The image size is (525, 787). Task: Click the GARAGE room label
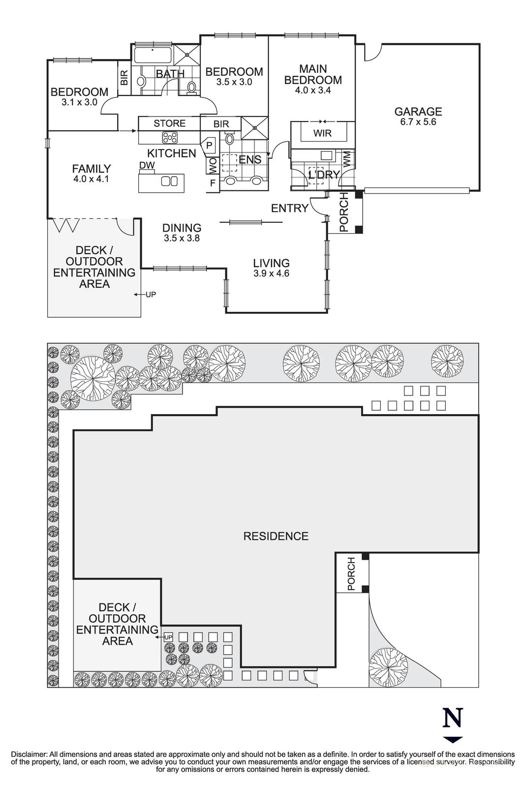[x=418, y=112]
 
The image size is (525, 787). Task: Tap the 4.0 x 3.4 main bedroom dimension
[x=313, y=91]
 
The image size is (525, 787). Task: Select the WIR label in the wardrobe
[x=322, y=133]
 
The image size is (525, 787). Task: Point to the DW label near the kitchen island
[x=147, y=165]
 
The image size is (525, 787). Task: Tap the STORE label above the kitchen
[x=169, y=123]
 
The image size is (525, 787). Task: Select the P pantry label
[x=209, y=146]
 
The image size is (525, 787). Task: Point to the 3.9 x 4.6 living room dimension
[x=271, y=273]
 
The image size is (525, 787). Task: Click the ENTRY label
[x=289, y=209]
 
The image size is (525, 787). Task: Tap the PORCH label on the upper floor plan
[x=344, y=212]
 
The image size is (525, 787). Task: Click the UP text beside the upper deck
[x=151, y=295]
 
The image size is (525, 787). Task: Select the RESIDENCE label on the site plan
[x=276, y=536]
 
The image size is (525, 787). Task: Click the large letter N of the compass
[x=453, y=718]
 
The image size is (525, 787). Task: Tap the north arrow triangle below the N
[x=453, y=739]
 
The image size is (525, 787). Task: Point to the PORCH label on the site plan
[x=351, y=574]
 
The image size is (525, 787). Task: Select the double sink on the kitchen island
[x=169, y=182]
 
